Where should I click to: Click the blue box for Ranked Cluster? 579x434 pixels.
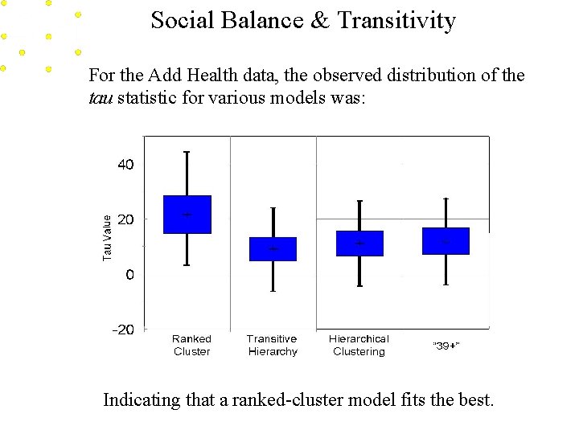point(187,215)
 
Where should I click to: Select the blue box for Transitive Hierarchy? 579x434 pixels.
point(273,249)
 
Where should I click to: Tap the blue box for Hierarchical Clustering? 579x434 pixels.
point(359,244)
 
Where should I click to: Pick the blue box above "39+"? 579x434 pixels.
point(446,241)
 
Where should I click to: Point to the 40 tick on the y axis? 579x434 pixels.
point(126,165)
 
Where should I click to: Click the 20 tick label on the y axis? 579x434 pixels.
point(126,219)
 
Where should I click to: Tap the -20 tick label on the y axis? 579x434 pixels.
point(123,330)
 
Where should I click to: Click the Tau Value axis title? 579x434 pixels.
point(108,236)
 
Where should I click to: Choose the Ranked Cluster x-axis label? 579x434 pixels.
point(191,346)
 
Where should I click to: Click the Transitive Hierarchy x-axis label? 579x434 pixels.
point(272,346)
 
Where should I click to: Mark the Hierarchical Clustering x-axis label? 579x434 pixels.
point(359,346)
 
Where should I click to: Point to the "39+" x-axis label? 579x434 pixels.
point(446,346)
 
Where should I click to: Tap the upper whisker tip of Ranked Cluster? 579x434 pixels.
point(187,152)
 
